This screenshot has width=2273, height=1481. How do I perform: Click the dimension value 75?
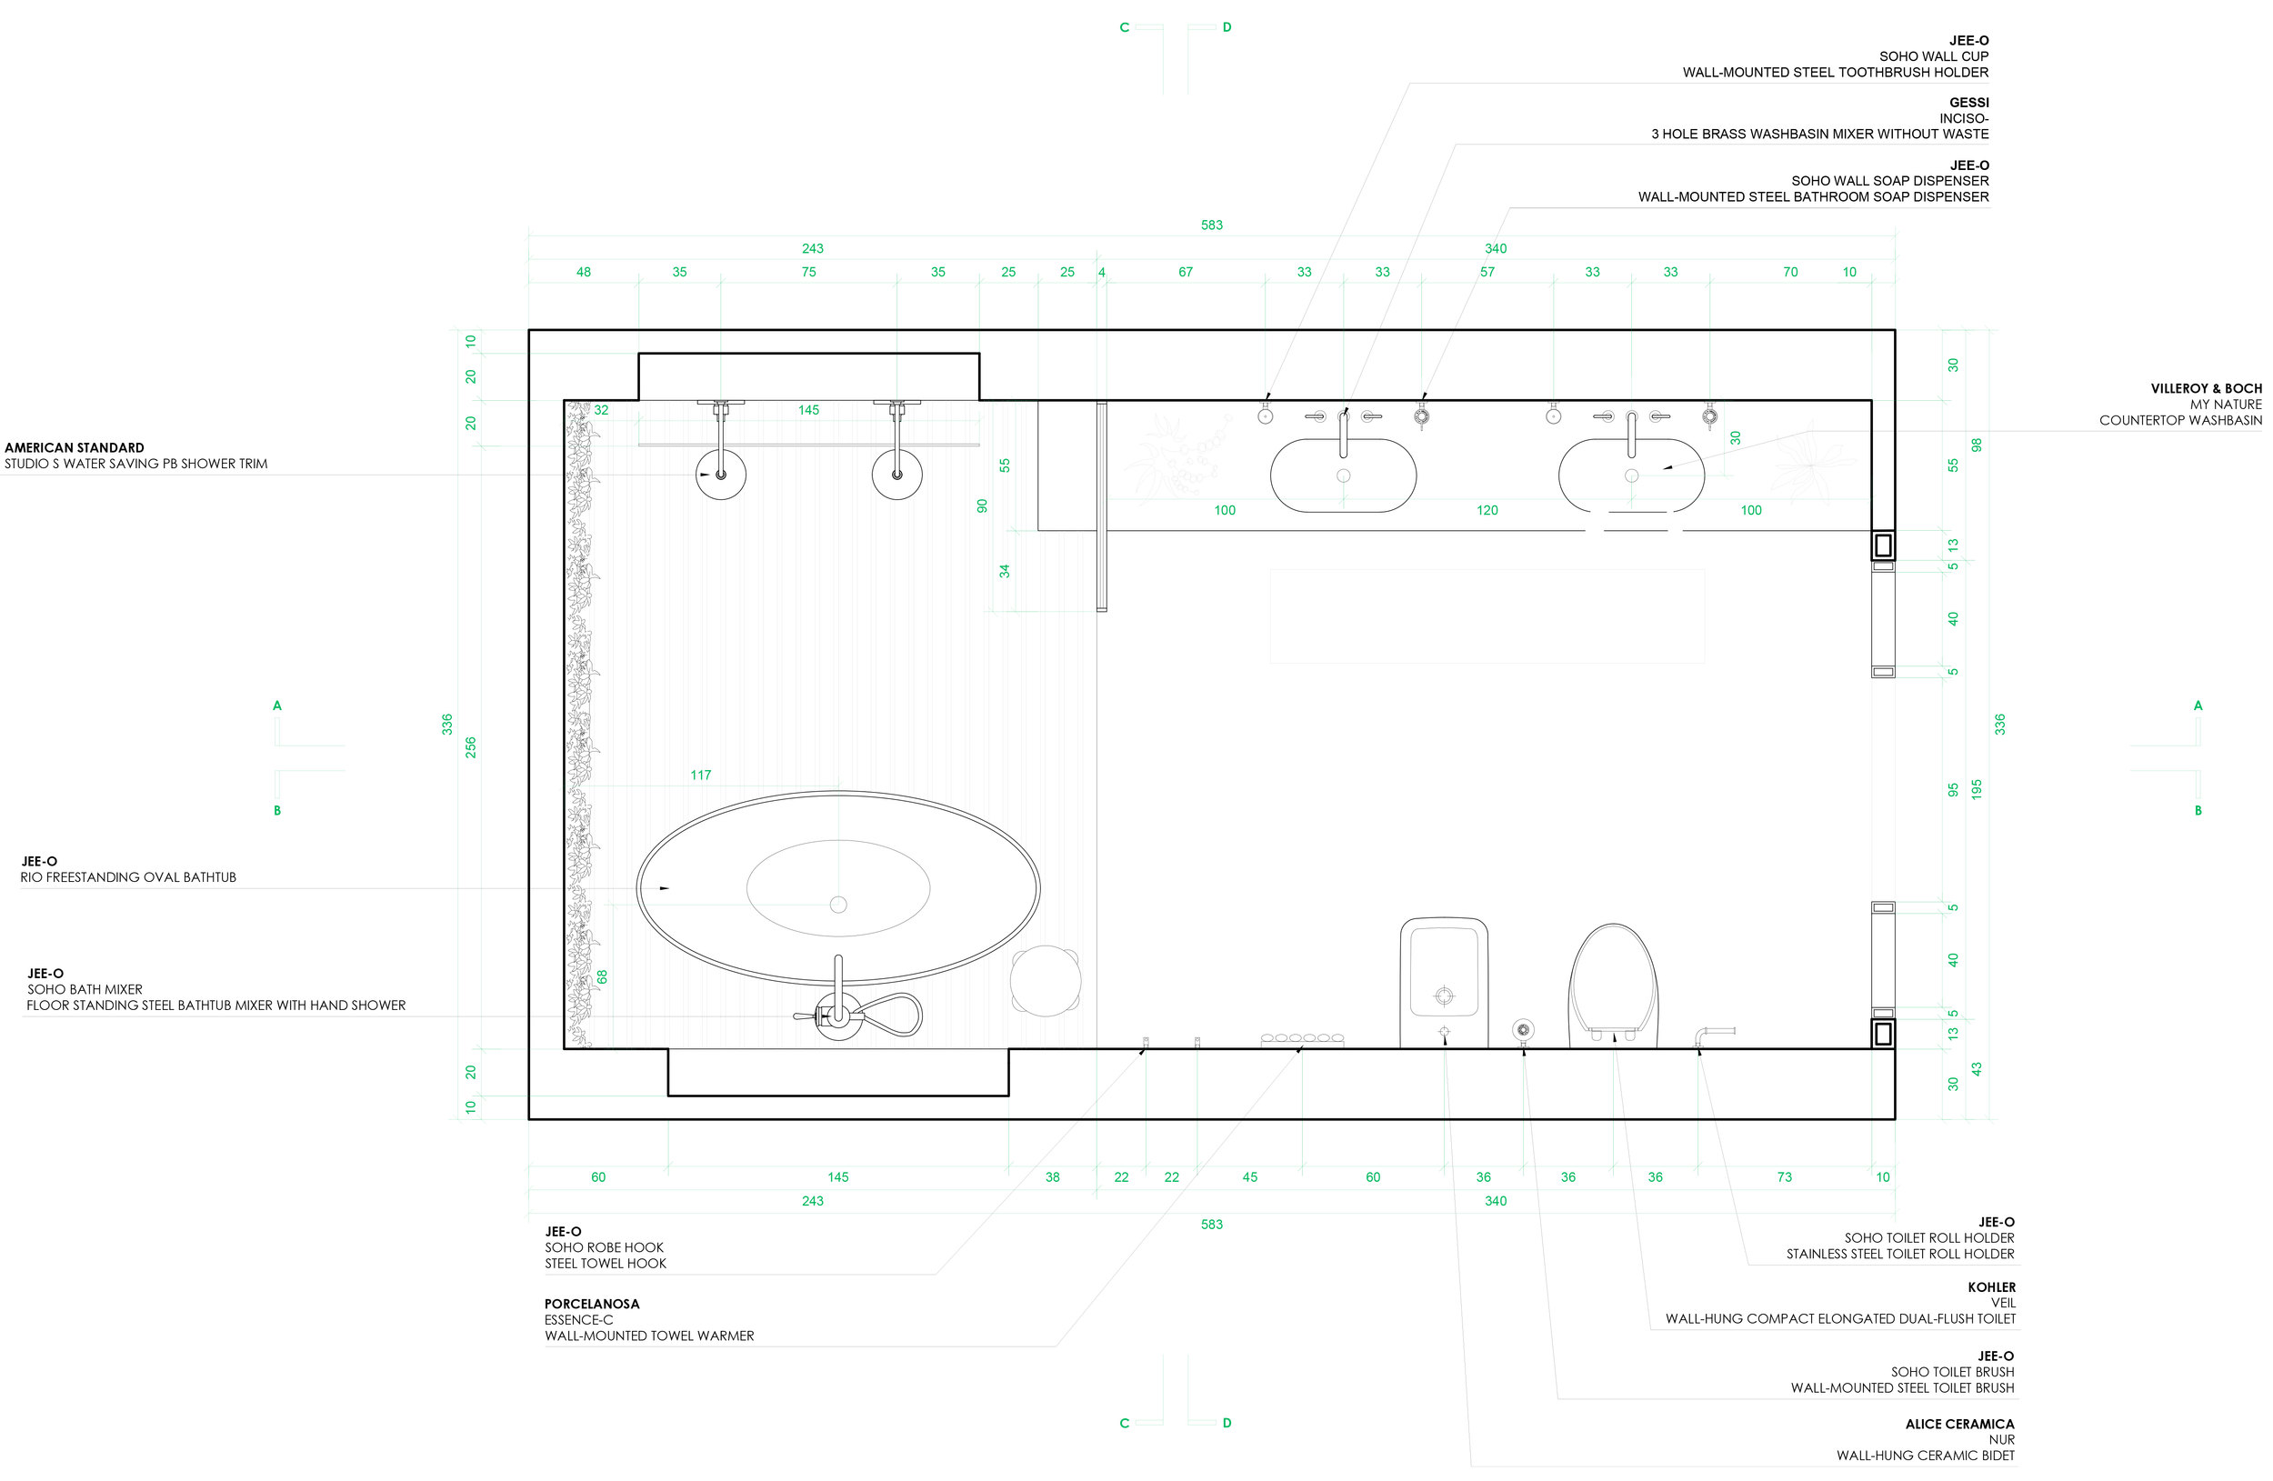[x=809, y=272]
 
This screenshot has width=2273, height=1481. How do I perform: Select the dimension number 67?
[x=1186, y=272]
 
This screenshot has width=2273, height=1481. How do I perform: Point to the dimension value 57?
[x=1487, y=272]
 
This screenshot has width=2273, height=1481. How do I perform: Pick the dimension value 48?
[x=583, y=272]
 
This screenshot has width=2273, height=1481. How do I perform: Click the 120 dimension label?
[x=1487, y=511]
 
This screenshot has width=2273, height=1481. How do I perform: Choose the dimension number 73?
[x=1784, y=1177]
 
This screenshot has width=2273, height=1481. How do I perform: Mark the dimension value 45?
[x=1249, y=1177]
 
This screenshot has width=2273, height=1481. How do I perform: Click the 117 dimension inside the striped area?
[x=701, y=776]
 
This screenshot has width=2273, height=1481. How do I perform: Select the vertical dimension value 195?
[x=1977, y=789]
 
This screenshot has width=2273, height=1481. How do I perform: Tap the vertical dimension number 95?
[x=1953, y=790]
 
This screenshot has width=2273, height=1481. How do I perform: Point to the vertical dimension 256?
[x=470, y=746]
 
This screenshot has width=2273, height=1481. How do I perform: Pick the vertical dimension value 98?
[x=1977, y=445]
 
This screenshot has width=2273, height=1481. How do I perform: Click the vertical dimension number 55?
[x=1953, y=465]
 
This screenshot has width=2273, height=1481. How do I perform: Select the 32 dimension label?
[x=601, y=411]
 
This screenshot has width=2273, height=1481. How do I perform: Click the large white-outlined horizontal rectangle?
[x=1487, y=615]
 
